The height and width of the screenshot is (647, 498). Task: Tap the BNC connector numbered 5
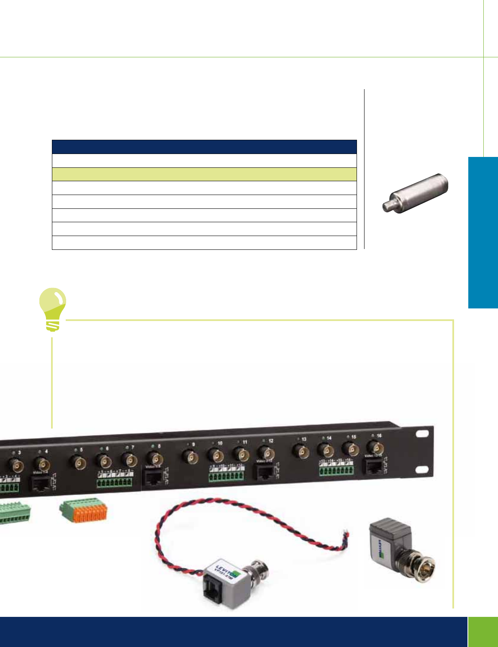coord(78,462)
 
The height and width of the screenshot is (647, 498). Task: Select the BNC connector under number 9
coord(190,455)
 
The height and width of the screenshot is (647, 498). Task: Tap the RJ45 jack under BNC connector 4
coord(39,484)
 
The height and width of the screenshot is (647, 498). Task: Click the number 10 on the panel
coord(220,443)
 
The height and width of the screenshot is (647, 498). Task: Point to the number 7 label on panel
coord(133,447)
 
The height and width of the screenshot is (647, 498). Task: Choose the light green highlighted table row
coord(204,174)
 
